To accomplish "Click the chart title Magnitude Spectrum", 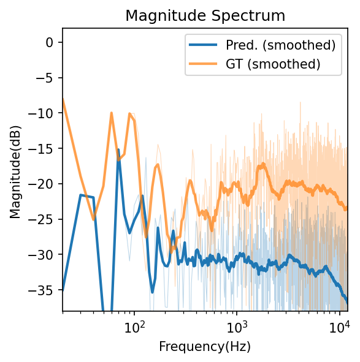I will point(205,16).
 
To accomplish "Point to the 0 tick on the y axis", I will point(51,42).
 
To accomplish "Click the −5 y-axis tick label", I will point(47,78).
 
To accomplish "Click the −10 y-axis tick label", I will point(45,113).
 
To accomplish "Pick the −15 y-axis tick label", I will point(45,148).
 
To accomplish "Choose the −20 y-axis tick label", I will point(45,184).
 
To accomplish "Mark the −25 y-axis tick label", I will point(45,219).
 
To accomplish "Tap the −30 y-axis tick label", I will point(45,254).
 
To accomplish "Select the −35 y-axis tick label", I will point(45,290).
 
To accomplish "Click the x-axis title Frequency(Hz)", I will point(205,347).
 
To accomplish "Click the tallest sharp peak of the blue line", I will point(118,150).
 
